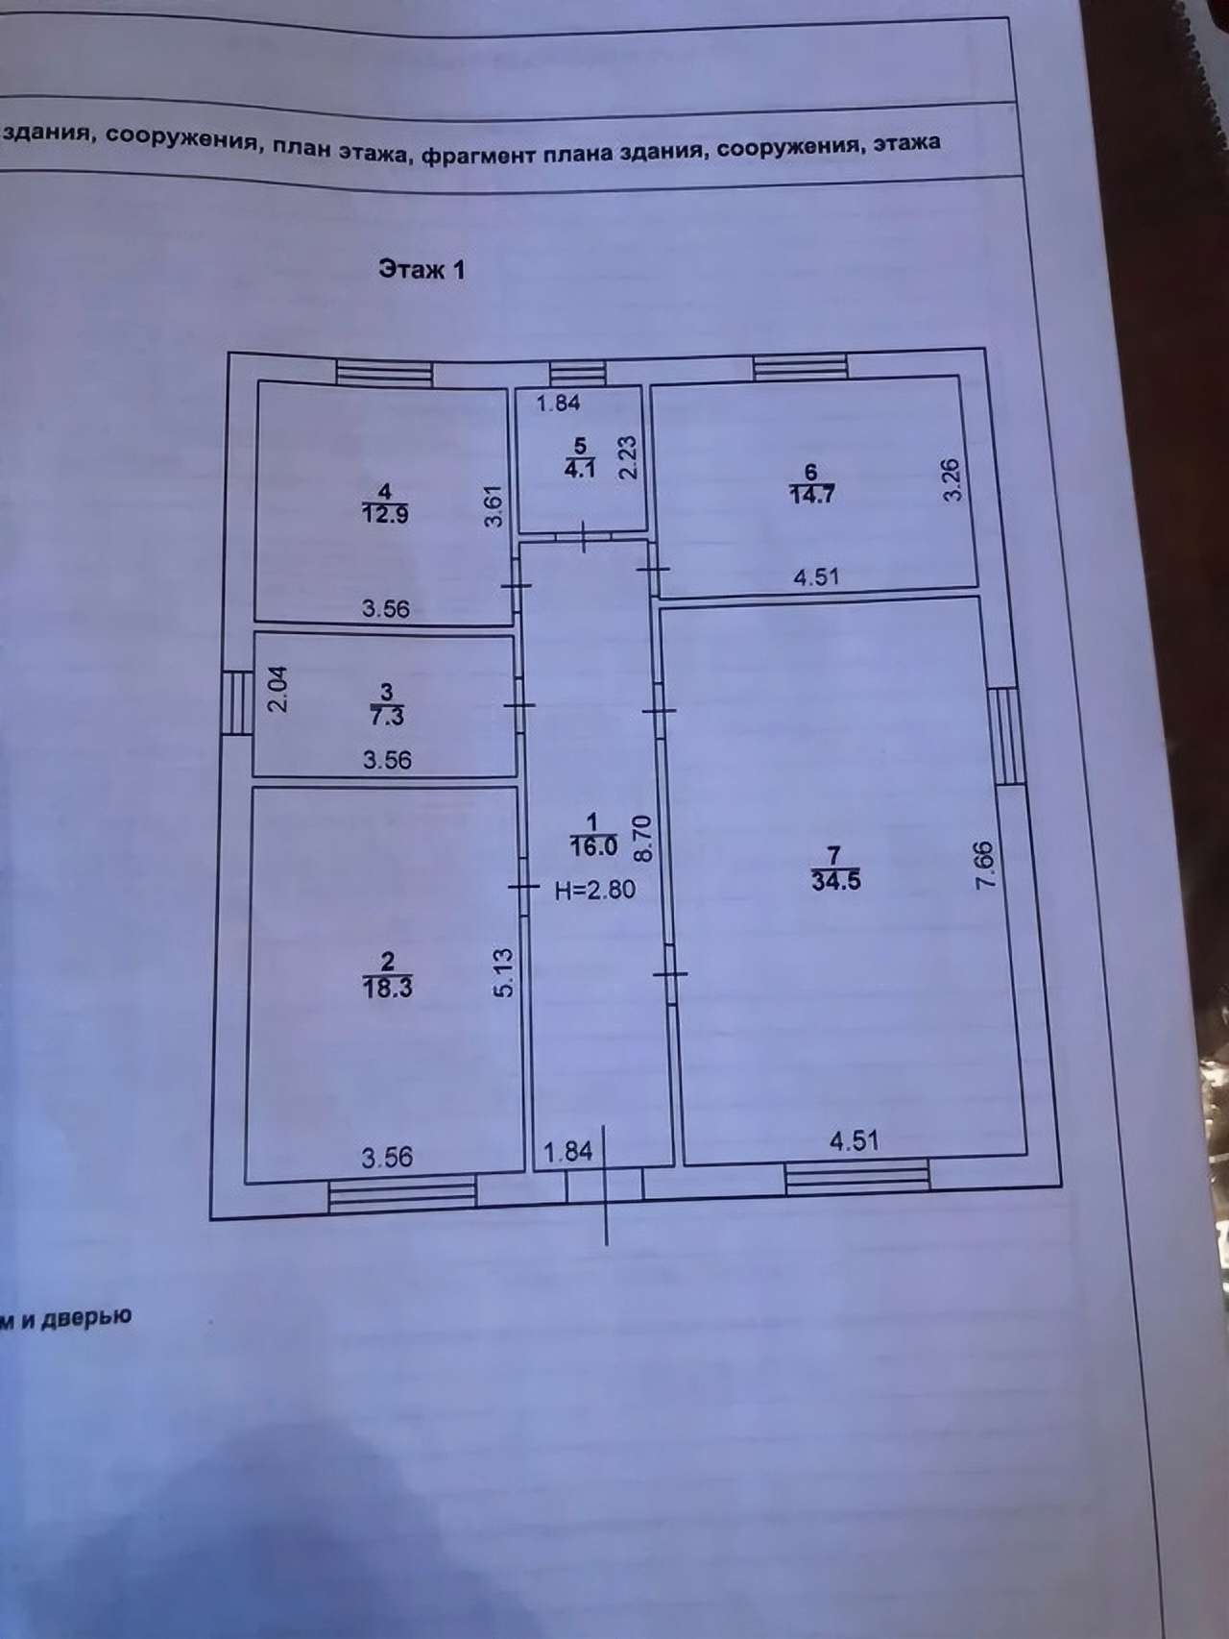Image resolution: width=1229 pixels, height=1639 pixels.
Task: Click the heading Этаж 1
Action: (422, 269)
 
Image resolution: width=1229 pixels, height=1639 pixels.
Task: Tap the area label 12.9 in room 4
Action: (385, 515)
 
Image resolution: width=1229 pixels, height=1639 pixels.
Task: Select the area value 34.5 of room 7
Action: (835, 880)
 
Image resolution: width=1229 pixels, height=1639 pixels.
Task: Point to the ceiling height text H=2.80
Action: (595, 890)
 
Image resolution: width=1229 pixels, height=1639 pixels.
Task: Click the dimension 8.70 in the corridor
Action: (642, 838)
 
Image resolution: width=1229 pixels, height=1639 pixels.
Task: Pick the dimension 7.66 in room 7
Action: (986, 865)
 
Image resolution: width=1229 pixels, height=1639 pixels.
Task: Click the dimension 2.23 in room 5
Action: (628, 457)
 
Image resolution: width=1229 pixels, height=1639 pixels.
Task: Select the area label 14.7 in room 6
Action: (810, 496)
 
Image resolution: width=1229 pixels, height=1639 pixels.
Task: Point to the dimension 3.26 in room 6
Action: (952, 479)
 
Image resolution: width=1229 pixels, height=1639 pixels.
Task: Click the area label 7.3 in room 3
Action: (387, 716)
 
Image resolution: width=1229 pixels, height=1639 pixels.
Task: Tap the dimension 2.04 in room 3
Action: (277, 689)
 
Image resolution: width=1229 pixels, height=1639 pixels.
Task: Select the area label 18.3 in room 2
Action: (388, 988)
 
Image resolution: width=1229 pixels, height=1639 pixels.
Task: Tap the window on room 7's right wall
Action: (1006, 735)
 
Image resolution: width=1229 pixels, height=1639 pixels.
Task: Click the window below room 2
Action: (402, 1194)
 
